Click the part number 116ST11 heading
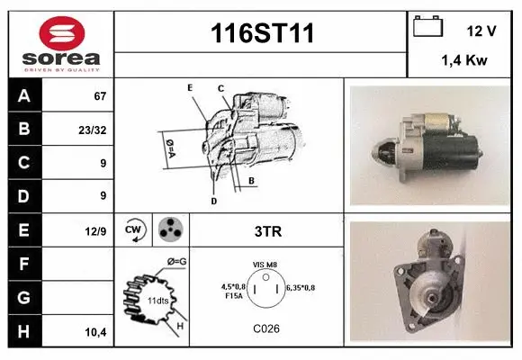pos(262,33)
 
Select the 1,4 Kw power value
pos(463,61)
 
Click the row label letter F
pos(23,265)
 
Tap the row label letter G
pos(23,298)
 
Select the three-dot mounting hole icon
pos(169,229)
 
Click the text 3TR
pos(268,231)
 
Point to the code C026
pos(266,328)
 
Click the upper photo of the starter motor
pos(428,144)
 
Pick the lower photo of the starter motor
pos(428,281)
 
